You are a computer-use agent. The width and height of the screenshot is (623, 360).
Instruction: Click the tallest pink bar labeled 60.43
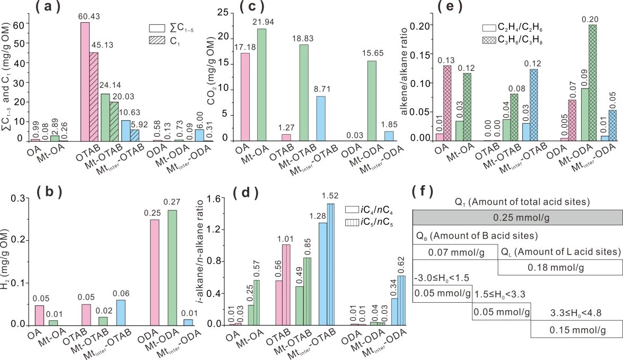click(84, 82)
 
